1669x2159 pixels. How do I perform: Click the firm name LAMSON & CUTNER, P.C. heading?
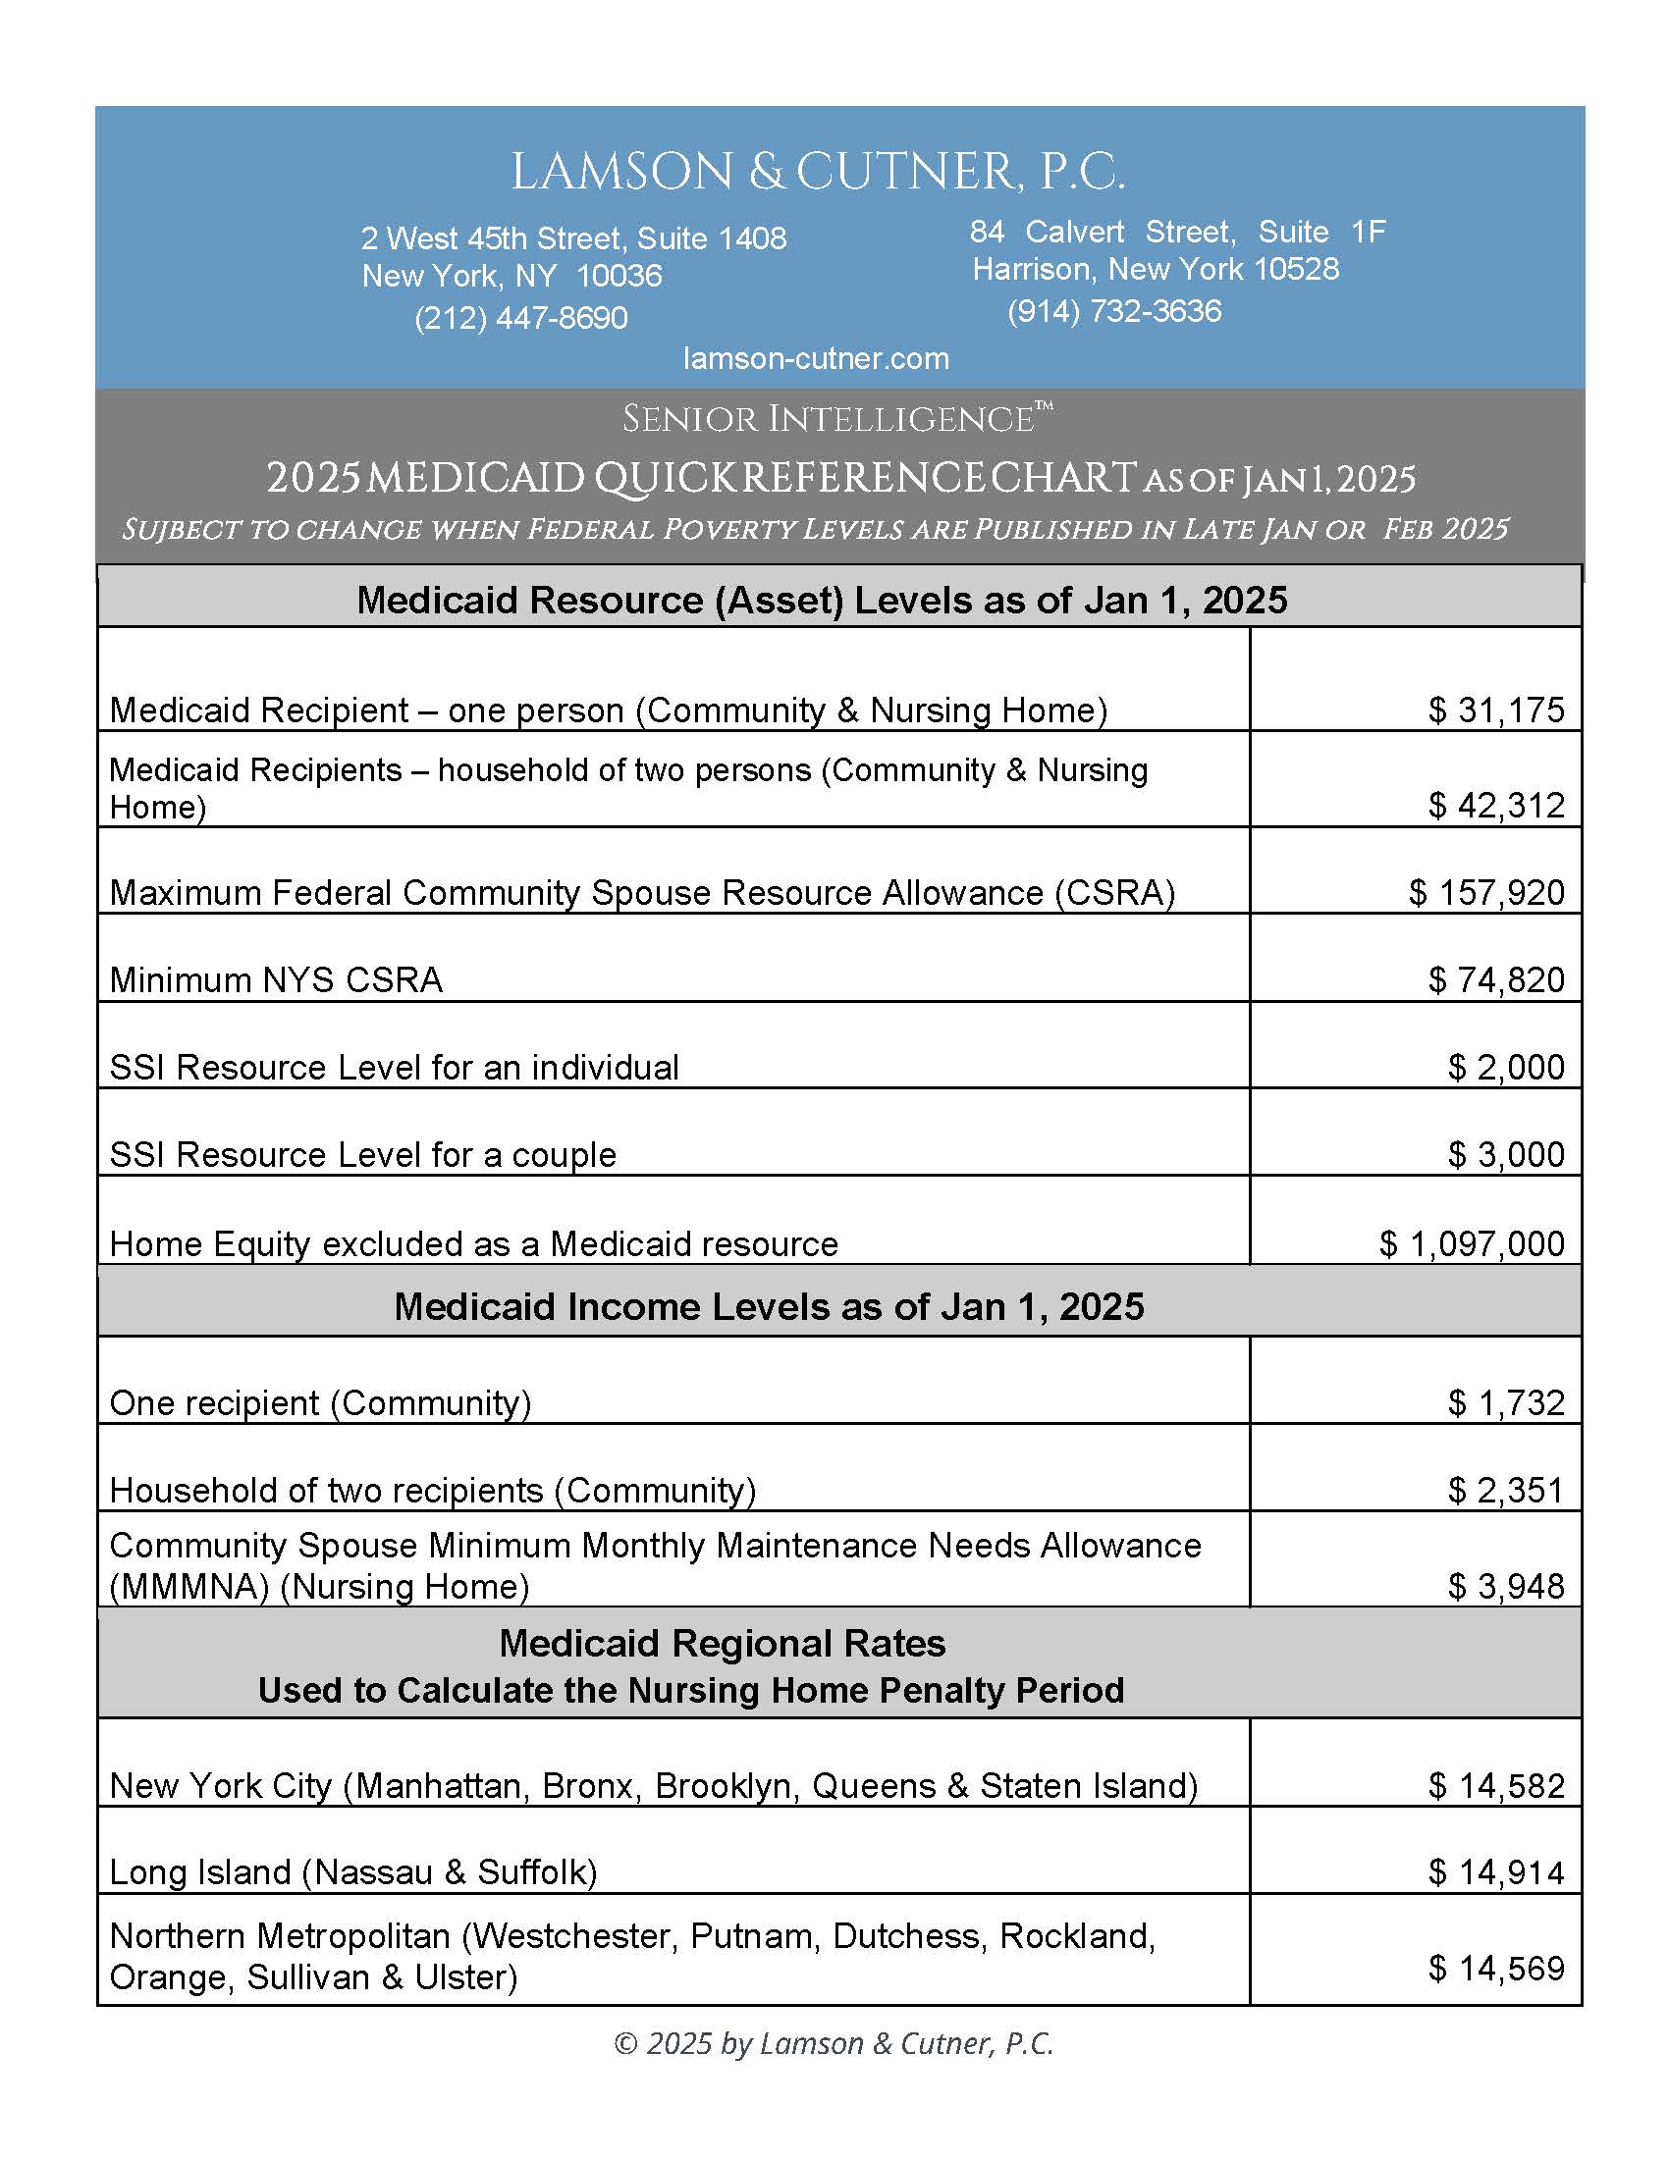(818, 172)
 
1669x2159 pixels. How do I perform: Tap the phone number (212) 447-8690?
(521, 318)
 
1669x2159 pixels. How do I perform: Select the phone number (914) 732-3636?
(1114, 311)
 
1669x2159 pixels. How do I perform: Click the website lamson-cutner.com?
(816, 359)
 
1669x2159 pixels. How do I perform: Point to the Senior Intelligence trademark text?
(836, 419)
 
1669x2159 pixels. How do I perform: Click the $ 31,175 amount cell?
(1496, 710)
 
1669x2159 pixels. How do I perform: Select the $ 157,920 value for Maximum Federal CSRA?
(1486, 893)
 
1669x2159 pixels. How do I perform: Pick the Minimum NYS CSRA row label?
(276, 979)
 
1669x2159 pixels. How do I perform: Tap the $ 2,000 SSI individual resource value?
(1506, 1068)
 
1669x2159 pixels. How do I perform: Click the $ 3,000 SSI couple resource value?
(1506, 1155)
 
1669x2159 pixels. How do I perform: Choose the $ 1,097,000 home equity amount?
(1472, 1243)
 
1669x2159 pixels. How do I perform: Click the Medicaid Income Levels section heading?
(769, 1307)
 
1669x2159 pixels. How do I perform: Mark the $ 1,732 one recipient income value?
(1506, 1402)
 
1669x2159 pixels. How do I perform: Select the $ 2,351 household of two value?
(1506, 1490)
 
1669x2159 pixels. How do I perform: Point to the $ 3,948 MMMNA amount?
(1506, 1587)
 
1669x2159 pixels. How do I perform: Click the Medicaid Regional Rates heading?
(722, 1644)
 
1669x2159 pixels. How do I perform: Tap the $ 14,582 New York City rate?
(1496, 1786)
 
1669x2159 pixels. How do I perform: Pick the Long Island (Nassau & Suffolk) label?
(353, 1872)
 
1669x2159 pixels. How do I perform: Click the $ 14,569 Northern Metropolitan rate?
(1496, 1969)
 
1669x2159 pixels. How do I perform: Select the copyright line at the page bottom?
(834, 2043)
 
